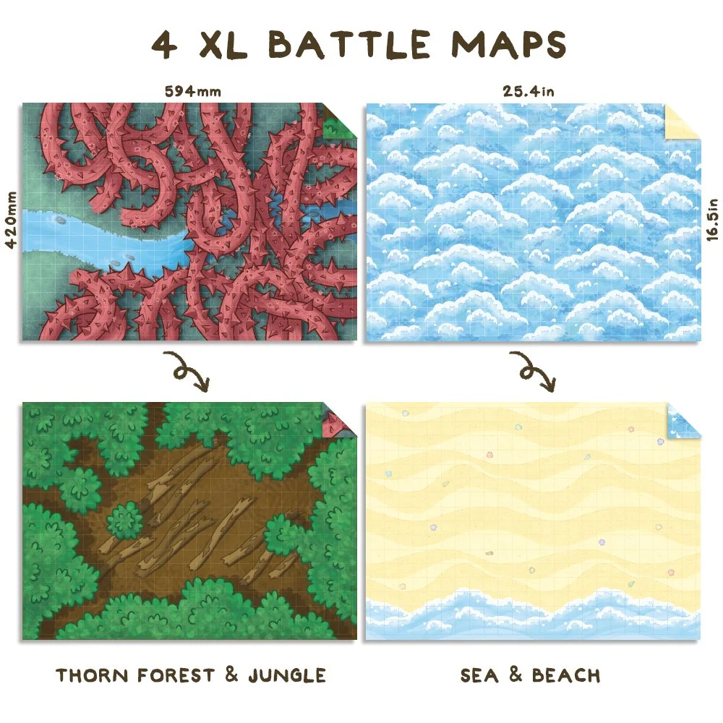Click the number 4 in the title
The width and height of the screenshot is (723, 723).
pyautogui.click(x=164, y=45)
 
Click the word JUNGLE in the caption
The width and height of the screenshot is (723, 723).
pyautogui.click(x=286, y=676)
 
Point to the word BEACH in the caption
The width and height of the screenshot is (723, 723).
pyautogui.click(x=566, y=676)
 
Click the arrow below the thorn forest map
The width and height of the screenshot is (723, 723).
pyautogui.click(x=185, y=369)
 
